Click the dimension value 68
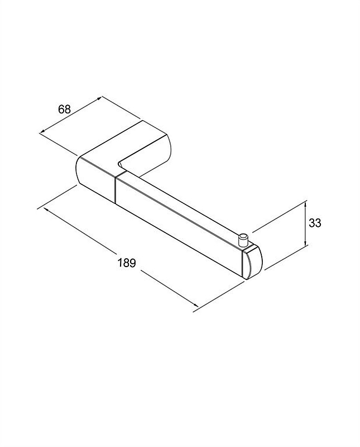(64, 109)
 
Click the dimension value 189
(127, 262)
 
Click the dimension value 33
(315, 223)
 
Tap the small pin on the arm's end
(243, 240)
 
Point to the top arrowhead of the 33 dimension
(306, 203)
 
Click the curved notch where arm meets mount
(121, 164)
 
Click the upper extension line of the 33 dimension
(279, 216)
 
